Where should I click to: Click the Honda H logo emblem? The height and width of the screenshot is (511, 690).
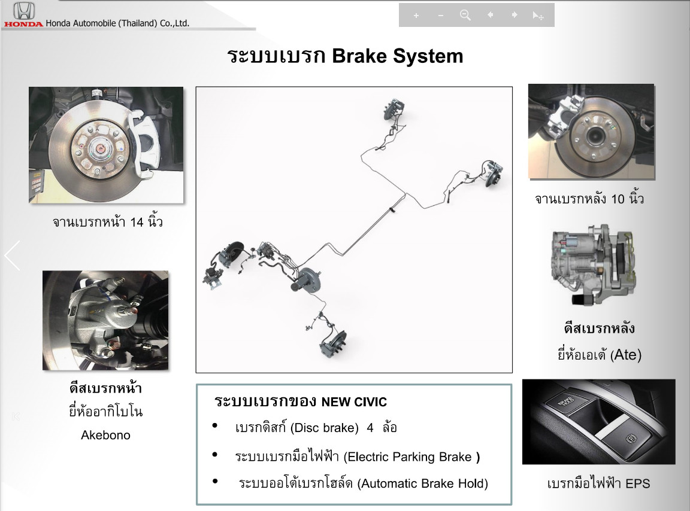tap(24, 11)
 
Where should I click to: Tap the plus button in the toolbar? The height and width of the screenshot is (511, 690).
tap(416, 16)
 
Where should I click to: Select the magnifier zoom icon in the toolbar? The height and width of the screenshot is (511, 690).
tap(465, 16)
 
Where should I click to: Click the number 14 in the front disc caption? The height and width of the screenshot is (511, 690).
tap(137, 222)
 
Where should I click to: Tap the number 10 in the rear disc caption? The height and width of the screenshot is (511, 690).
tap(618, 199)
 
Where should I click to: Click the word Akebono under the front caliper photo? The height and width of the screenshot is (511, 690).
tap(105, 435)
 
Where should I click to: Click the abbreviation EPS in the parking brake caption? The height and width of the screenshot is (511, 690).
tap(638, 483)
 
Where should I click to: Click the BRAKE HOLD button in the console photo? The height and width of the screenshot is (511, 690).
tap(566, 401)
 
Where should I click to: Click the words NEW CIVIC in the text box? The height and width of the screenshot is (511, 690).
tap(354, 402)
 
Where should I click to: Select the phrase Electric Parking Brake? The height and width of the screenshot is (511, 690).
tap(409, 457)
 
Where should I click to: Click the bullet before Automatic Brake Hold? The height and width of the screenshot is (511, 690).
tap(215, 481)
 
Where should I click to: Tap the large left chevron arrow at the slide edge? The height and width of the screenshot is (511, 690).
tap(13, 255)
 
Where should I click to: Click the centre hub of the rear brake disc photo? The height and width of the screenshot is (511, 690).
tap(594, 133)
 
